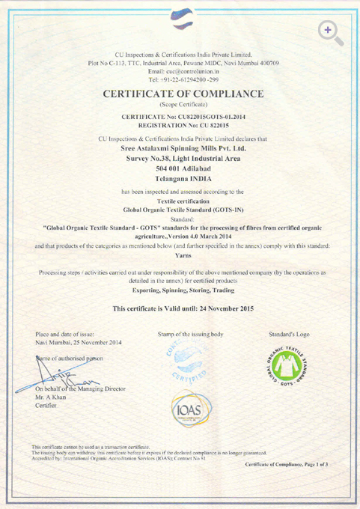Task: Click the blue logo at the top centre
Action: pos(180,16)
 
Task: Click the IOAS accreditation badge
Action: pos(187,409)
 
